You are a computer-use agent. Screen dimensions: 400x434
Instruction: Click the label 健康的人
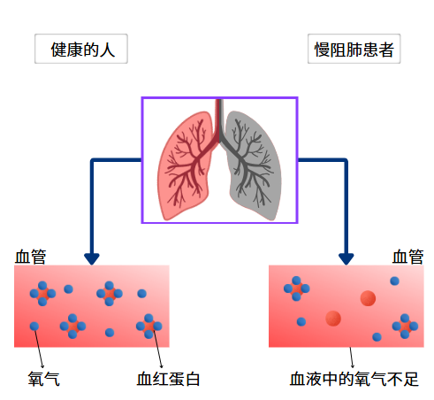point(80,50)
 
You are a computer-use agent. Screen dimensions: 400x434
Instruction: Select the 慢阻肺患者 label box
point(354,50)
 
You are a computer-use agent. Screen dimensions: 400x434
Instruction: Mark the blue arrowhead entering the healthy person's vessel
point(91,258)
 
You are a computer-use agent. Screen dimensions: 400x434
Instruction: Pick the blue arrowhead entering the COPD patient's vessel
point(346,258)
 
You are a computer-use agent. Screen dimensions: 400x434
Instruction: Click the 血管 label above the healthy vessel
point(31,257)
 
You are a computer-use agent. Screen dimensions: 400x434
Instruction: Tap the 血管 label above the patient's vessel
point(407,257)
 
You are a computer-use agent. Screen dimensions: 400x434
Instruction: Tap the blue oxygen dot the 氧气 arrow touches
point(34,327)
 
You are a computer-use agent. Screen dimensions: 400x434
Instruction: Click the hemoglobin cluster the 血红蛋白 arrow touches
point(148,326)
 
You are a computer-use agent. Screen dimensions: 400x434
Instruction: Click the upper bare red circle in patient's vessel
point(368,298)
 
